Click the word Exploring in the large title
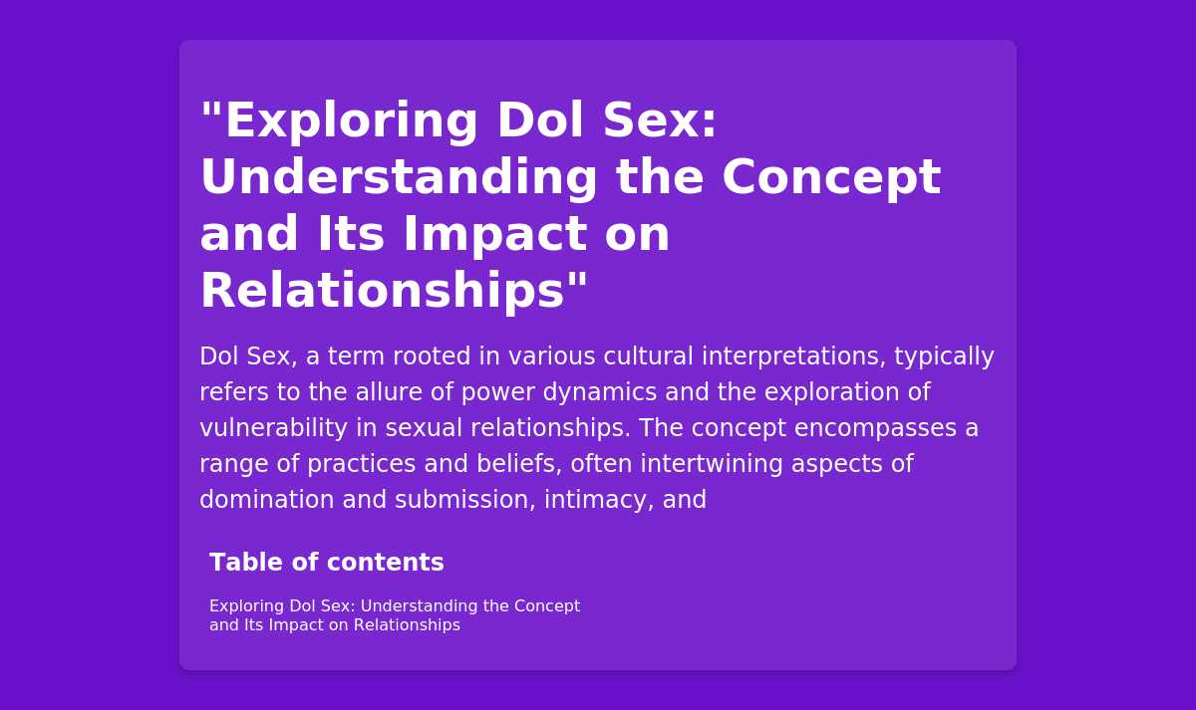[x=351, y=121]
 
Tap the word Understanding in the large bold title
[x=399, y=178]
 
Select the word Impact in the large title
[x=495, y=235]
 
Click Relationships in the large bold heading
[x=383, y=291]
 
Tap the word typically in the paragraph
[x=944, y=356]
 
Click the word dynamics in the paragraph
[x=600, y=392]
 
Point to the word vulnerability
[x=273, y=428]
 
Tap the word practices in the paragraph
[x=361, y=464]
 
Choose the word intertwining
[x=712, y=464]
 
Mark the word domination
[x=266, y=500]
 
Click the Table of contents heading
[x=327, y=563]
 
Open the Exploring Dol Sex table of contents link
[x=395, y=615]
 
